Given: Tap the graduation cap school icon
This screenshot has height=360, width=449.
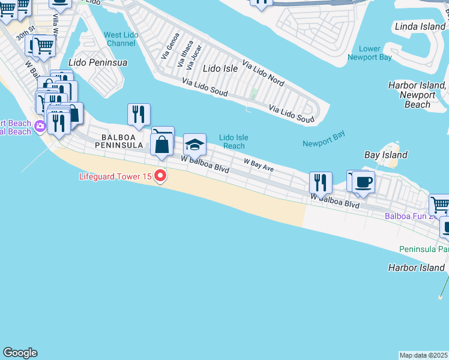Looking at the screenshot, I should (194, 145).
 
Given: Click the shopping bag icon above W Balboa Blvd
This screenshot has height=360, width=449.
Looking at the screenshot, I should (162, 145).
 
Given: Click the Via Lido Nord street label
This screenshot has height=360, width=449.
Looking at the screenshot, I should (263, 72).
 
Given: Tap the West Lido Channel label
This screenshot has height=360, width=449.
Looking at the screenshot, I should (121, 40).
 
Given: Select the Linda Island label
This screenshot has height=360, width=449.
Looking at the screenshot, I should (421, 27).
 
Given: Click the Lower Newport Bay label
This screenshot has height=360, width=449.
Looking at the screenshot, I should (375, 53).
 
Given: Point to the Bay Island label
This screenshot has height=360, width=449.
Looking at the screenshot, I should (386, 155).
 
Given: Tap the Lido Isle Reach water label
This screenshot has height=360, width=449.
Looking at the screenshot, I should (234, 142).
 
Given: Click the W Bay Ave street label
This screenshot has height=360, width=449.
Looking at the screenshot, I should (258, 165).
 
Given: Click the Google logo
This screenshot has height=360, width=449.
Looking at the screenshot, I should (20, 353).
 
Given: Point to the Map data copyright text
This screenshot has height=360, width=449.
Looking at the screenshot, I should (424, 355).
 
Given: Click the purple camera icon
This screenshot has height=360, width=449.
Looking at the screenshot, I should (40, 126).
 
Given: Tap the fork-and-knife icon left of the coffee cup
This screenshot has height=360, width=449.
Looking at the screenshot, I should (321, 183).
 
